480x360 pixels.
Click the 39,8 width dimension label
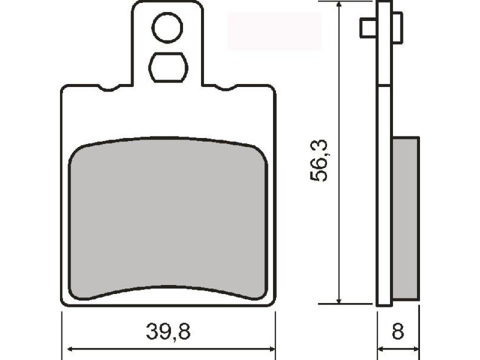tap(168, 331)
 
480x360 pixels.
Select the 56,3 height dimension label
tap(318, 160)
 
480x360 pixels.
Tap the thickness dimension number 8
tap(397, 331)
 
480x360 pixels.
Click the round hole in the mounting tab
tap(167, 28)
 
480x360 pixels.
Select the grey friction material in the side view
tap(405, 219)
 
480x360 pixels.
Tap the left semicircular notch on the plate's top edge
tap(108, 88)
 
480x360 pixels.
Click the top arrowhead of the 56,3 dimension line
tap(338, 5)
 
